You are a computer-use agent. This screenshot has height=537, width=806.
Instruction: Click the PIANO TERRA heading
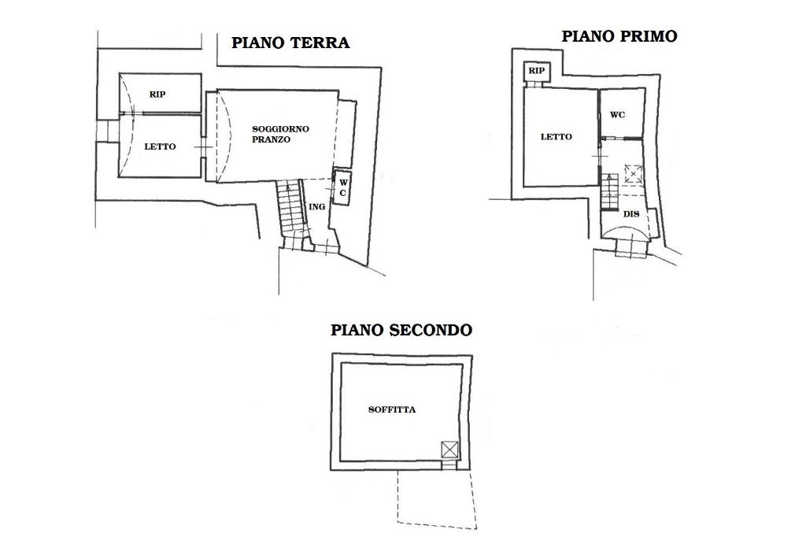click(290, 43)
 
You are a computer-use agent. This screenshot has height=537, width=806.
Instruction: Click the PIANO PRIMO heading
click(619, 36)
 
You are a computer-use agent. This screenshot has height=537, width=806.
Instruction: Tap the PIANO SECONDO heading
click(401, 330)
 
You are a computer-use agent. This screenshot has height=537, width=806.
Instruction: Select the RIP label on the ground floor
click(157, 94)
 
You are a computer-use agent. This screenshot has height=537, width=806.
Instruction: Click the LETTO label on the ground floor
click(160, 146)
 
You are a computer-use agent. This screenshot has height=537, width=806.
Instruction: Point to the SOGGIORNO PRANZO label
click(280, 134)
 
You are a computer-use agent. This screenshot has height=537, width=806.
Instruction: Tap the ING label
click(316, 207)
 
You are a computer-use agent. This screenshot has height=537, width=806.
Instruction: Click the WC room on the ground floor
click(342, 187)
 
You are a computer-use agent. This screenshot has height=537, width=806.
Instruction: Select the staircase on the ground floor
click(291, 213)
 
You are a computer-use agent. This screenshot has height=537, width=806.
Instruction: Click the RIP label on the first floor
click(536, 70)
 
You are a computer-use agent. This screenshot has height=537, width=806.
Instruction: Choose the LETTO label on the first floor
click(556, 137)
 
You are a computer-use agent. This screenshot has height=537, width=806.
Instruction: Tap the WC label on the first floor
click(617, 115)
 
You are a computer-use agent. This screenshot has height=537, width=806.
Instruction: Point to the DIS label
click(630, 214)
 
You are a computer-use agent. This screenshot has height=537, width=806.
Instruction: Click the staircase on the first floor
click(609, 192)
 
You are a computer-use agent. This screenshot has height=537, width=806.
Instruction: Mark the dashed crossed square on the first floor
click(634, 174)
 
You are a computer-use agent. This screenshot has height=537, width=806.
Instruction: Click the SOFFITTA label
click(392, 410)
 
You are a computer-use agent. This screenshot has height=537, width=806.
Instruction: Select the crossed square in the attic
click(449, 450)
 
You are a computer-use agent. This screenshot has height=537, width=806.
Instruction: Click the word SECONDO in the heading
click(431, 330)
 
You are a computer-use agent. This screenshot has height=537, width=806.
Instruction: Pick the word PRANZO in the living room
click(271, 139)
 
